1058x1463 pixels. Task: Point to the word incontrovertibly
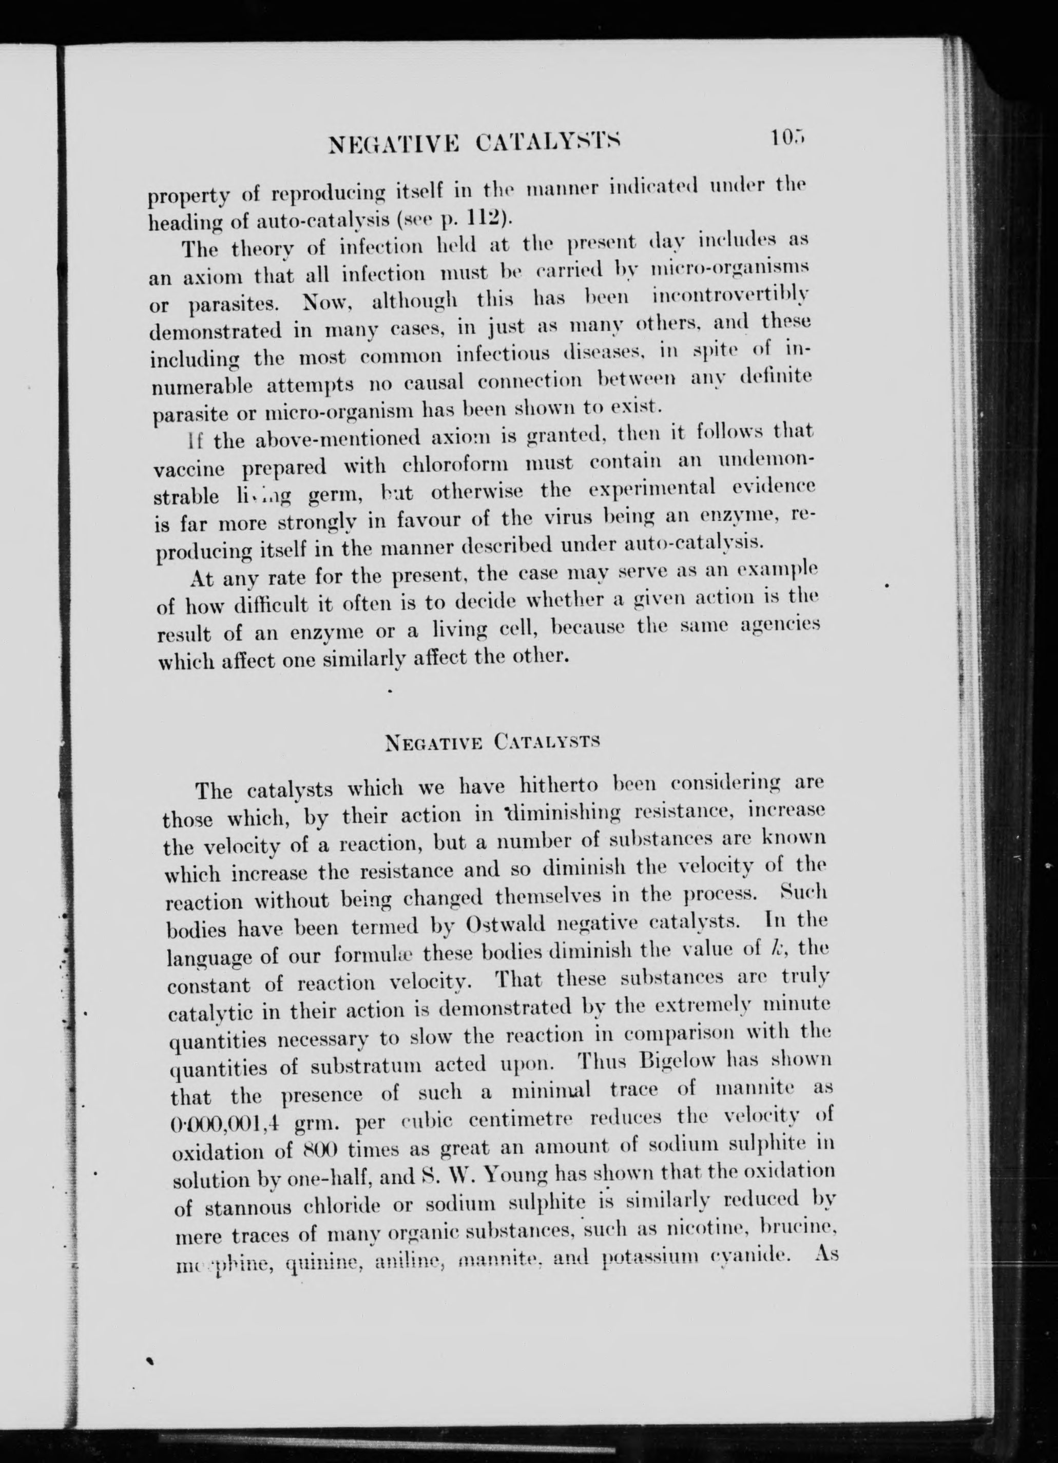(731, 298)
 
